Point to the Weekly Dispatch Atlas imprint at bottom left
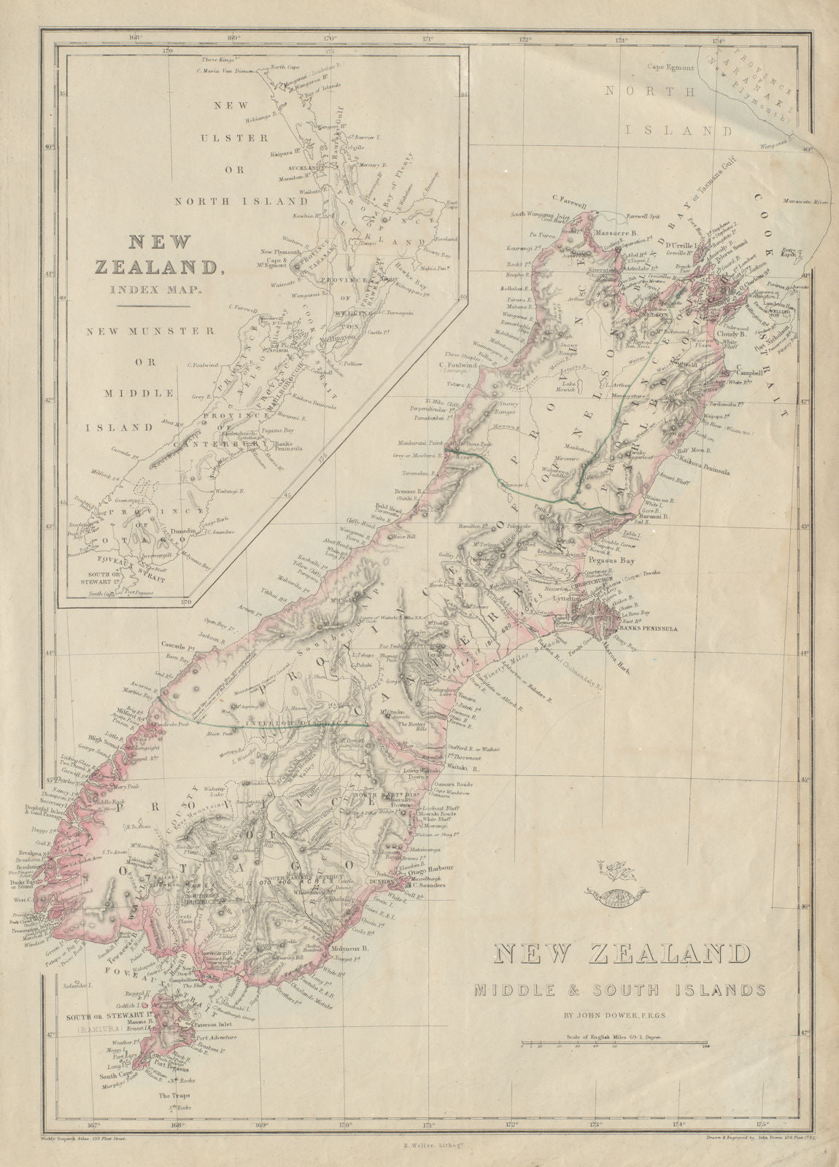[x=80, y=1154]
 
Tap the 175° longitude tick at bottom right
[x=763, y=1145]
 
